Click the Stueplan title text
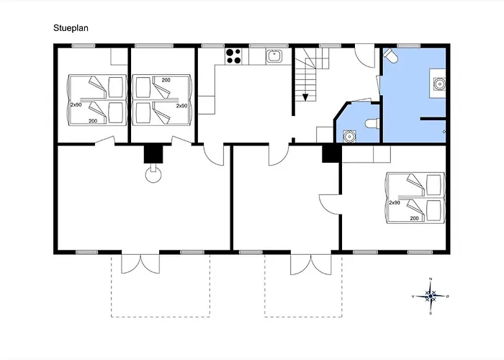click(71, 28)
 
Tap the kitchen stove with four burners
click(234, 56)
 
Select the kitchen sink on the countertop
click(274, 56)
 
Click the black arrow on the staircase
click(305, 97)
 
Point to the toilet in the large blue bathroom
click(390, 55)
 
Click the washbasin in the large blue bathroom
click(438, 84)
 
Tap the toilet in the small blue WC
click(373, 123)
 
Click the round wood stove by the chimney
click(153, 174)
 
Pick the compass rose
click(431, 296)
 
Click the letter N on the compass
click(431, 279)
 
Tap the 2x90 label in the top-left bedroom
click(76, 105)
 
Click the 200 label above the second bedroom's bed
click(166, 80)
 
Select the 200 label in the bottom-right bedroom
click(414, 218)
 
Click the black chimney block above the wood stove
click(153, 154)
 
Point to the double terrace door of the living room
click(140, 264)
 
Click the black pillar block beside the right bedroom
click(332, 153)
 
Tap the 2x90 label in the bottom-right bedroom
click(395, 203)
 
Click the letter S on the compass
click(431, 313)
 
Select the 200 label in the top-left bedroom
click(93, 121)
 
